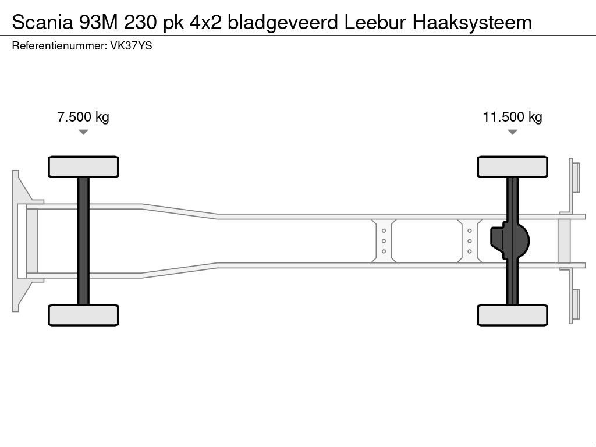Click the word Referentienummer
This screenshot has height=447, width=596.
click(x=58, y=45)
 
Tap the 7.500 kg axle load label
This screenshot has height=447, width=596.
click(x=83, y=117)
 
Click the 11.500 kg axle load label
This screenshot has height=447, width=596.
click(x=512, y=117)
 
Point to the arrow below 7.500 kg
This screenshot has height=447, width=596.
click(x=83, y=132)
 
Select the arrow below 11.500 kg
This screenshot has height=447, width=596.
click(x=512, y=132)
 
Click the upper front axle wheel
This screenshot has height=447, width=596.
click(x=83, y=167)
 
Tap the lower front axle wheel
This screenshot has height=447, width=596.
click(x=83, y=315)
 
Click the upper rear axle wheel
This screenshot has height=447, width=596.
click(x=512, y=167)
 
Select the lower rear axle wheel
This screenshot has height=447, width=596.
click(x=512, y=315)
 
